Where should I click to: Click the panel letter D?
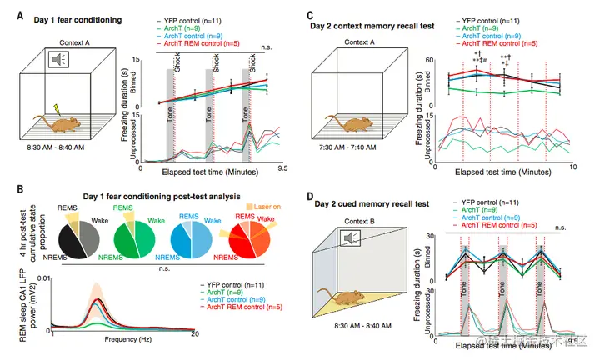pos(311,199)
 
